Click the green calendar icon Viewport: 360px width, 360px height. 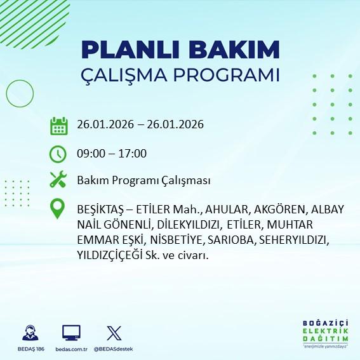click(x=58, y=125)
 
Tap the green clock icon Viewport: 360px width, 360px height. click(x=58, y=153)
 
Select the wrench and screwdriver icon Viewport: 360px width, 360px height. click(x=58, y=180)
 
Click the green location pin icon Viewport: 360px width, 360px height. click(x=58, y=210)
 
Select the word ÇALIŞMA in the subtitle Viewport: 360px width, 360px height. click(x=126, y=75)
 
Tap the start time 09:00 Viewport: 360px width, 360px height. click(x=89, y=154)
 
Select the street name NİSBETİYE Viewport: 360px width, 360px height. click(x=173, y=241)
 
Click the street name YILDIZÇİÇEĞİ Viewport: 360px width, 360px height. click(x=115, y=255)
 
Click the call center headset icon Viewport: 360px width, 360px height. click(x=29, y=333)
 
